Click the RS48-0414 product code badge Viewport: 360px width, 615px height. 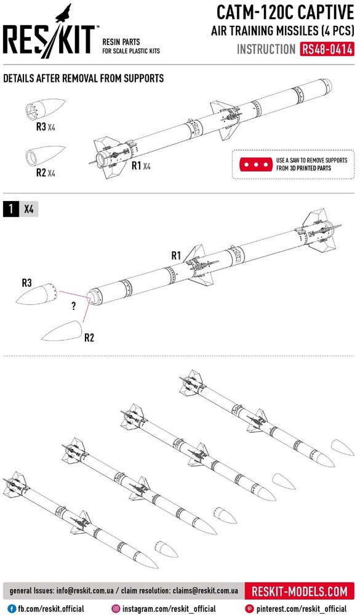327,49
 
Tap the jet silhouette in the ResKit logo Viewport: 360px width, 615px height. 64,14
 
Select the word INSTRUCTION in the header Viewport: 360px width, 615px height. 266,49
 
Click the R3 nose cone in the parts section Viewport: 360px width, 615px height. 45,109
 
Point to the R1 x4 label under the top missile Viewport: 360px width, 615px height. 141,166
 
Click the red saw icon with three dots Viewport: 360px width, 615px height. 256,164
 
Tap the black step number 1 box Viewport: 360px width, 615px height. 10,209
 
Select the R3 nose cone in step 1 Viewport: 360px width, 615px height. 37,295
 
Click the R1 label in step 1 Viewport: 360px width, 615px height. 176,256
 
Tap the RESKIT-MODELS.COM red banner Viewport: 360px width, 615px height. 299,590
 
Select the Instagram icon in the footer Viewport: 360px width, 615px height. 116,609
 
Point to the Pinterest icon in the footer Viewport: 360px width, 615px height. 249,609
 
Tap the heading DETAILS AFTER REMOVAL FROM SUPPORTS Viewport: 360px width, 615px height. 84,78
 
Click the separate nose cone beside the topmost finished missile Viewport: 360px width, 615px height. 342,448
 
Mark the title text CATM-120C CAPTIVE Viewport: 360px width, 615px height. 286,13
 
